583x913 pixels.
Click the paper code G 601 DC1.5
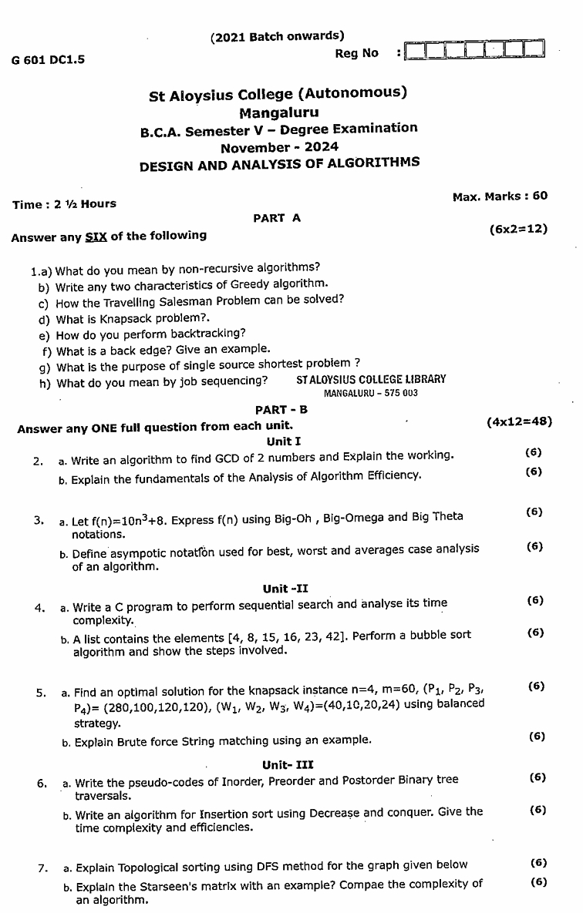coord(48,59)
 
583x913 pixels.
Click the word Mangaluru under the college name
coord(278,112)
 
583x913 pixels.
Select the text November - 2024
coord(278,146)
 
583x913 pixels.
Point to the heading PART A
coord(277,218)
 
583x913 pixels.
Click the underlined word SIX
coord(96,237)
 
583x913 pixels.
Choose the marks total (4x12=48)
coord(519,422)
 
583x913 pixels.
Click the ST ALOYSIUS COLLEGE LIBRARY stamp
coord(370,379)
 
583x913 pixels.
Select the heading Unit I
coord(283,441)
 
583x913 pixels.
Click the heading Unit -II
coord(285,589)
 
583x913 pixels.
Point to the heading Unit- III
coord(288,765)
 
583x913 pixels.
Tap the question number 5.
coord(41,693)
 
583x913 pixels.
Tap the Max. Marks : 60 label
coord(500,196)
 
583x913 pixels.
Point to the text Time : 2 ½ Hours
coord(64,204)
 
